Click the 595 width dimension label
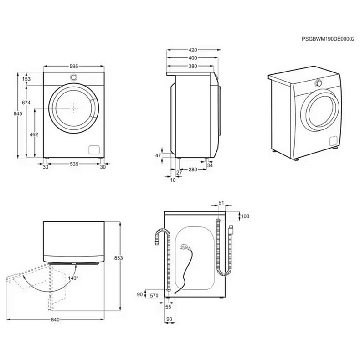click(73, 66)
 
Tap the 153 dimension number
click(26, 79)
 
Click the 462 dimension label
click(33, 134)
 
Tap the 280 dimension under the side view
click(193, 170)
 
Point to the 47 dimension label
click(158, 156)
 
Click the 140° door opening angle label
click(73, 278)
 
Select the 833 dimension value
click(118, 258)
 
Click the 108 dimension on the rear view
click(245, 216)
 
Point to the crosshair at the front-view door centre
click(74, 108)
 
